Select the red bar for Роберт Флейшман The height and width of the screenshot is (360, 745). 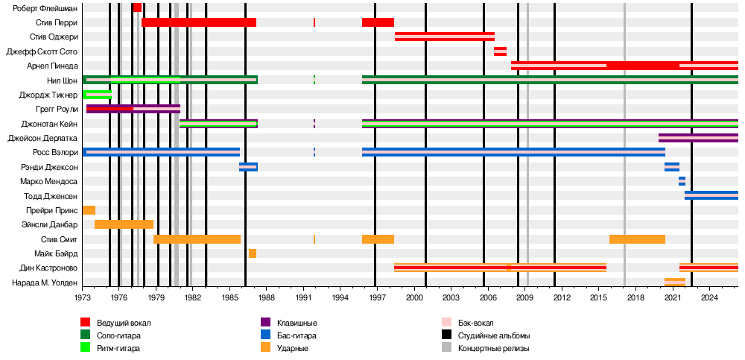click(137, 7)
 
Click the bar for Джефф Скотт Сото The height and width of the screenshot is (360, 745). click(500, 51)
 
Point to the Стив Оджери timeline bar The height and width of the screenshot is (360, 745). click(444, 37)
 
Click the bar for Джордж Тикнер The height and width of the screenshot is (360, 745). click(97, 95)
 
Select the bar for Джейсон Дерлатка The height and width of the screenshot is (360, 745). click(698, 138)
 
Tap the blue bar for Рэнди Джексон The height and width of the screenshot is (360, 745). click(248, 167)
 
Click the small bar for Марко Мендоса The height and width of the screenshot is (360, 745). click(682, 181)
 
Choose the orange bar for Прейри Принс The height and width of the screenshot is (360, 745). click(89, 210)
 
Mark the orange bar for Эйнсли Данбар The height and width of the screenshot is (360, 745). click(124, 224)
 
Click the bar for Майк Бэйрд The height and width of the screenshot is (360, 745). click(253, 253)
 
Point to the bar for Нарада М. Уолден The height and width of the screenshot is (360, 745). click(675, 282)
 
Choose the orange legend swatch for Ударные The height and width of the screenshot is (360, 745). click(264, 348)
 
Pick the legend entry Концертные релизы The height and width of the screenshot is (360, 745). click(494, 348)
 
